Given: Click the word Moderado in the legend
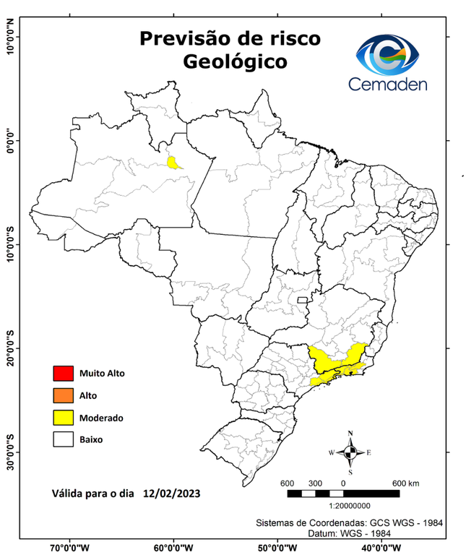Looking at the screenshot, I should [x=102, y=418].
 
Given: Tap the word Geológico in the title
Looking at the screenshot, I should [x=234, y=61].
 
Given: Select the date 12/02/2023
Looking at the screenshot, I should [x=171, y=494].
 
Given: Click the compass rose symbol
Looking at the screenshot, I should [x=350, y=452].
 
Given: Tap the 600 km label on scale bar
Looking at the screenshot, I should [x=405, y=483].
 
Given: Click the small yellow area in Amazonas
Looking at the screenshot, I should [x=173, y=162].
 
